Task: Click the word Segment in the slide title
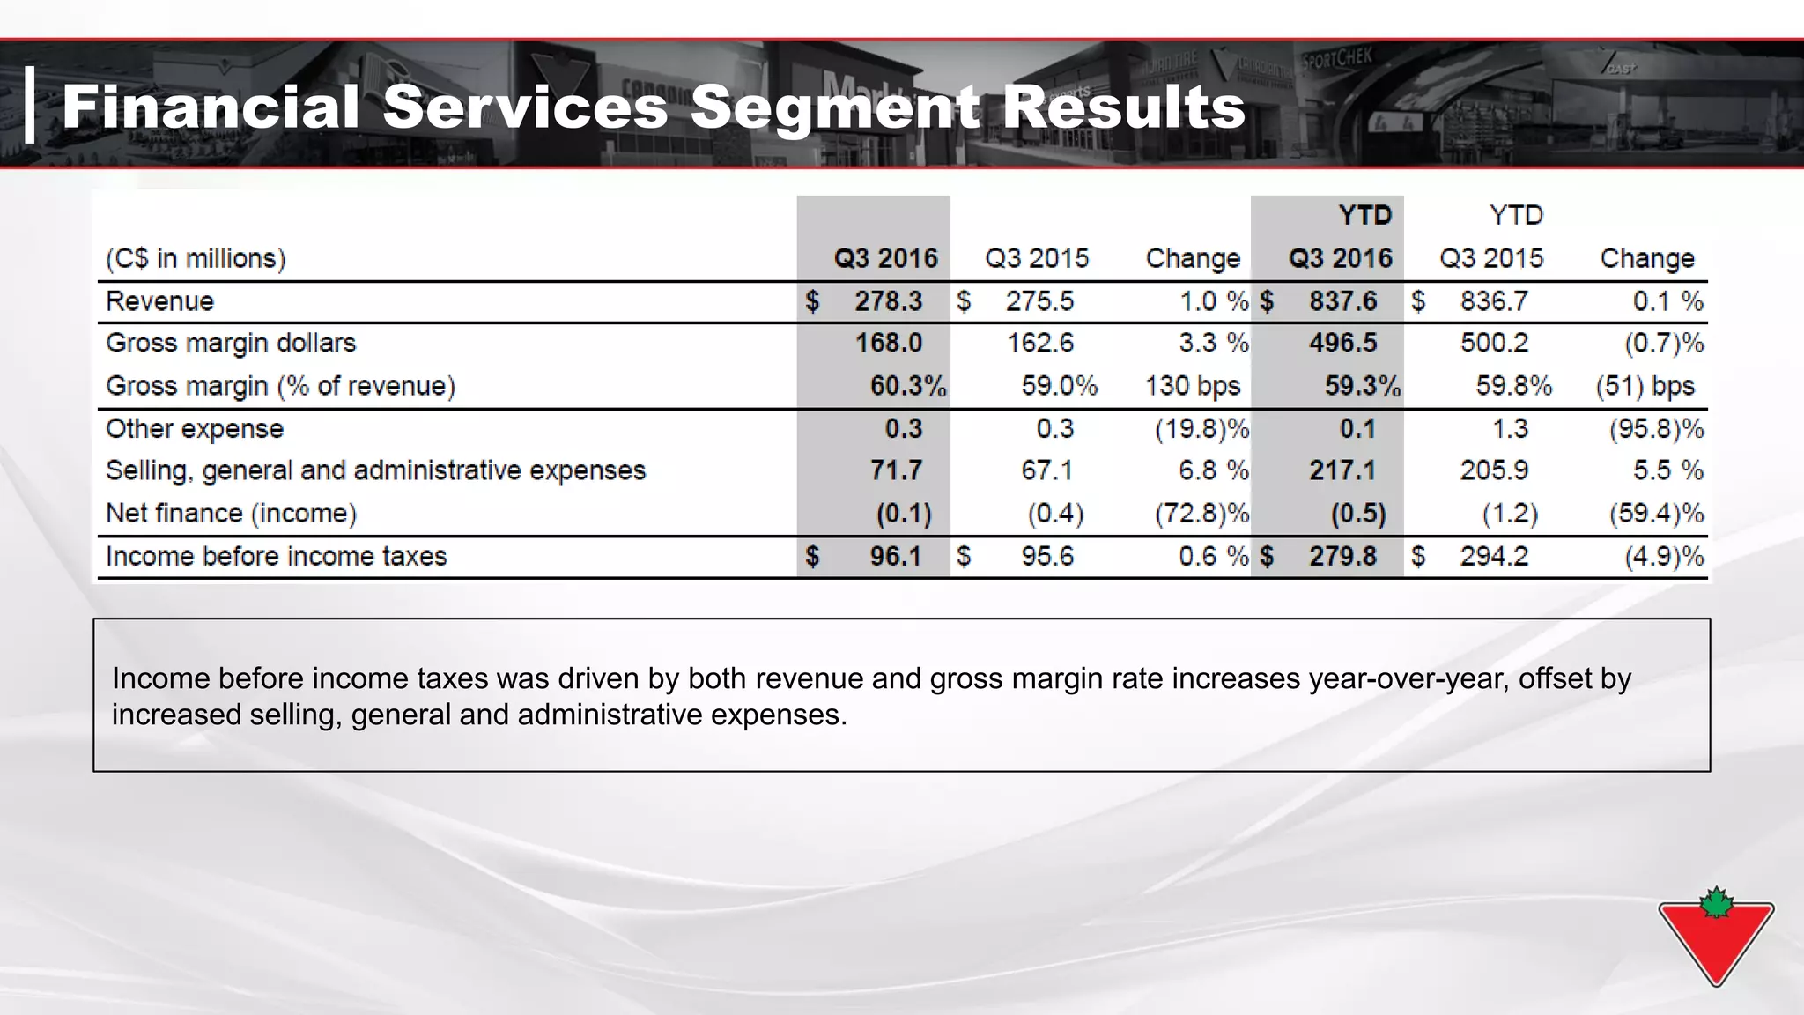tap(832, 108)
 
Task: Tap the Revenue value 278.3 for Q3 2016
tap(888, 301)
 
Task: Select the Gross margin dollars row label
tap(231, 343)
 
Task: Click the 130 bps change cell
tap(1192, 386)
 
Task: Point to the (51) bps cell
tap(1645, 386)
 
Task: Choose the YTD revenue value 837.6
tap(1342, 301)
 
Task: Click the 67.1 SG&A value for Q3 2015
tap(1046, 470)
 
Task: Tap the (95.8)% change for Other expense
tap(1656, 429)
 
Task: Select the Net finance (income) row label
tap(231, 514)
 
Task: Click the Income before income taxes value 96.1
tap(895, 557)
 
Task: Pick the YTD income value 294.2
tap(1494, 557)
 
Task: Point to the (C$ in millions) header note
tap(196, 258)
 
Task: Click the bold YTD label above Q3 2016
tap(1364, 215)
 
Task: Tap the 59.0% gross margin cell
tap(1059, 386)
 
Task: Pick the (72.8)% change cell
tap(1201, 514)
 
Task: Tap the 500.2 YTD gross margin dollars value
tap(1494, 343)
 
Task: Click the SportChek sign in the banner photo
tap(1336, 62)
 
